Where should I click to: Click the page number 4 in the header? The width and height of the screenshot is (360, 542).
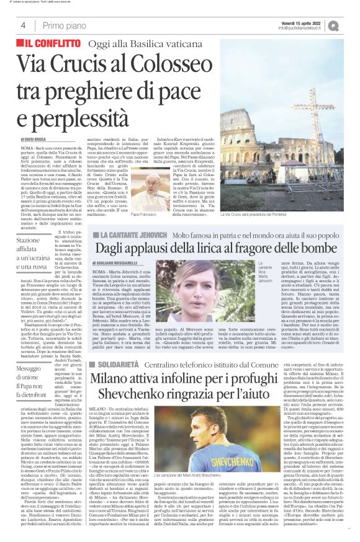tap(23, 25)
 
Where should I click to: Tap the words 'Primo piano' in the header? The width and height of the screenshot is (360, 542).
tap(61, 25)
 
